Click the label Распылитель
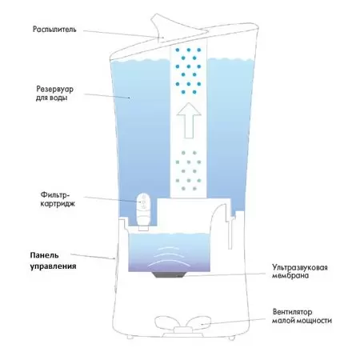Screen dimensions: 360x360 pos(54,30)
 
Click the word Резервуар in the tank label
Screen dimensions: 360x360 pos(54,89)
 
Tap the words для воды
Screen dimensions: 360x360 pos(51,98)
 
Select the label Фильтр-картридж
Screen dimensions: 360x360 pos(58,199)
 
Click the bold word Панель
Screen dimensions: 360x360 pos(44,255)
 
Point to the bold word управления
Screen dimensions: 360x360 pos(53,266)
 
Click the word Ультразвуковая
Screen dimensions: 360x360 pos(300,267)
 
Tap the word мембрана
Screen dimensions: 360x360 pos(290,275)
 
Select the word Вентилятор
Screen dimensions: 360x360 pos(293,312)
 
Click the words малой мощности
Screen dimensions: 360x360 pos(302,320)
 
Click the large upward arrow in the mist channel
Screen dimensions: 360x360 pos(189,120)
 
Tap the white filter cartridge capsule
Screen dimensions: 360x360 pos(143,210)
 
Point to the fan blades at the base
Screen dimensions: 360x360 pos(183,322)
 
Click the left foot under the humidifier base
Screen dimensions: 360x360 pos(130,338)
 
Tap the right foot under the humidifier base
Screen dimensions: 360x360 pos(231,338)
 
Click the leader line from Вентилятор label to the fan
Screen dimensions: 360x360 pos(234,322)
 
